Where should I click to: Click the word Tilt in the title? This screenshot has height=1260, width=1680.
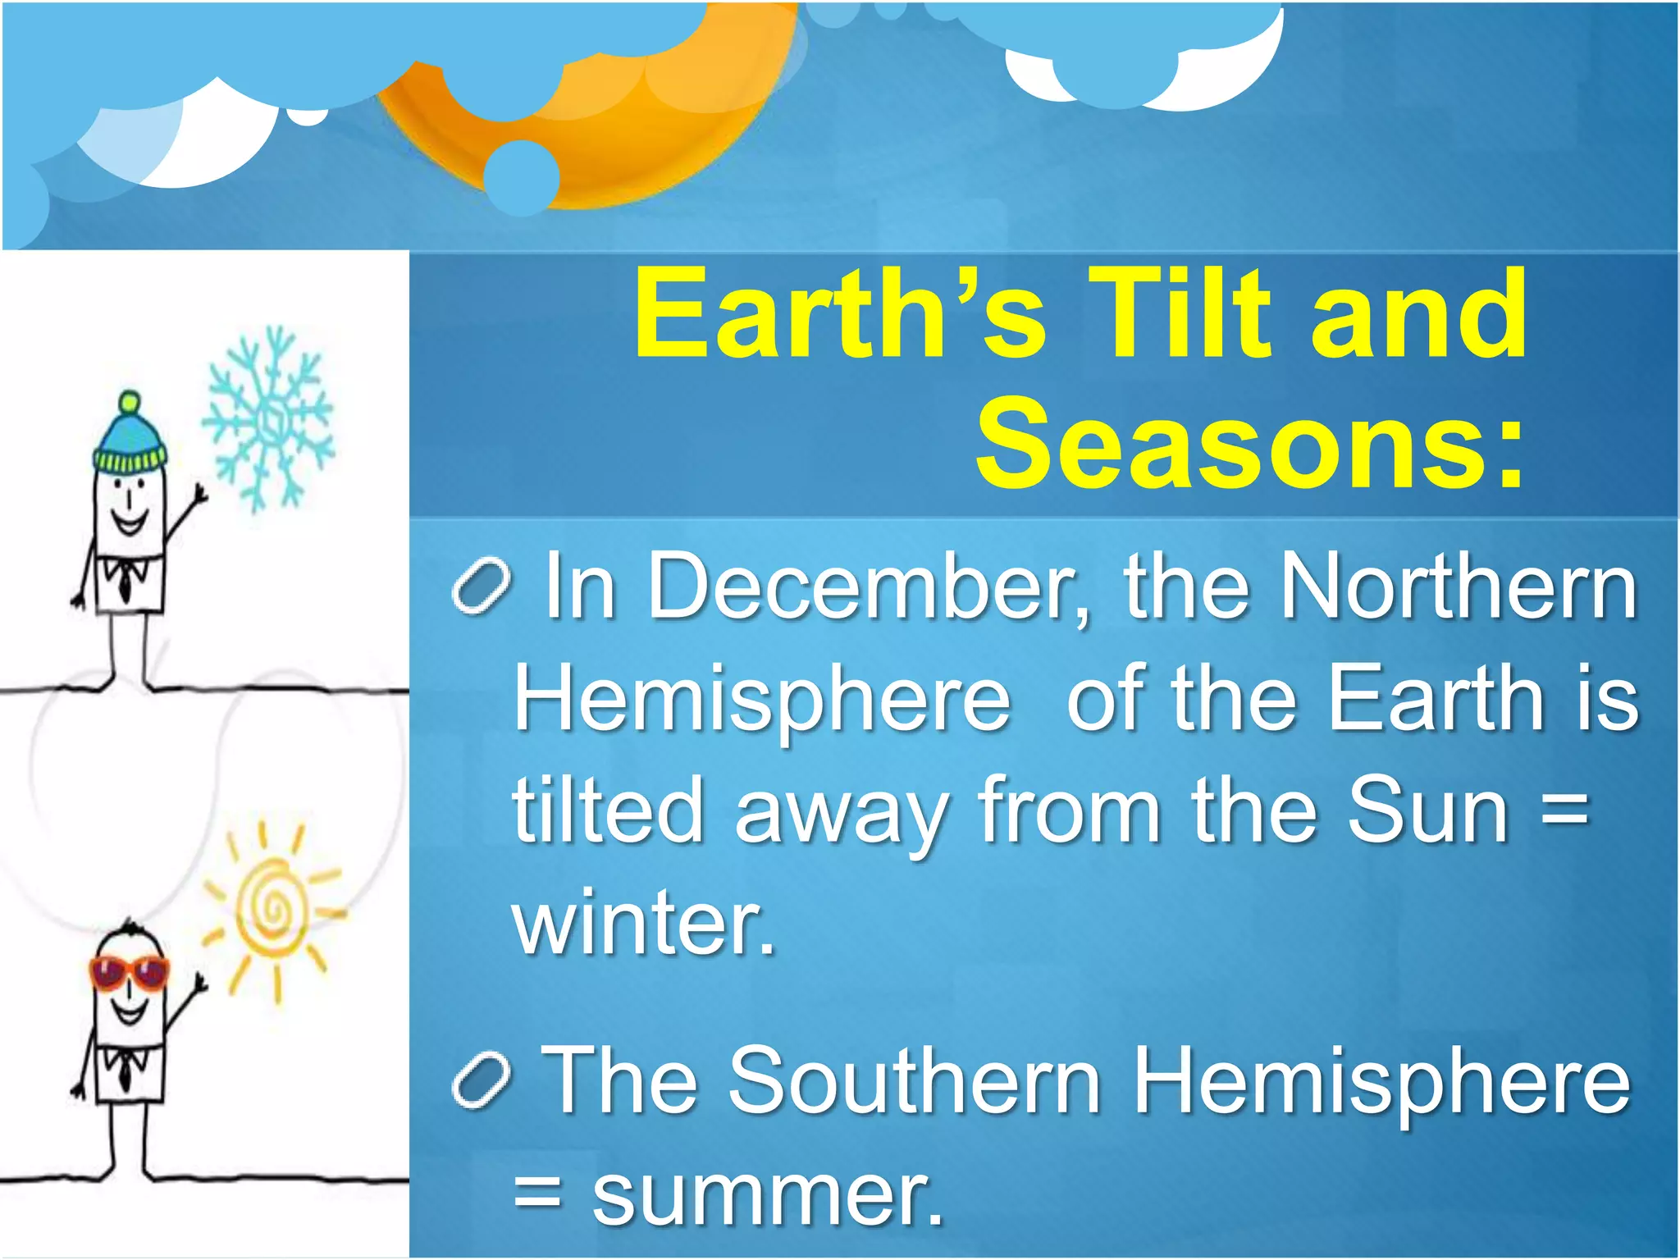pyautogui.click(x=1180, y=316)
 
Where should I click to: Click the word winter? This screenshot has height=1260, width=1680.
pyautogui.click(x=644, y=922)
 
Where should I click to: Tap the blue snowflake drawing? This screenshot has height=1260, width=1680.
pyautogui.click(x=267, y=419)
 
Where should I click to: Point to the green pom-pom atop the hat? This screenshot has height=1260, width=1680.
pyautogui.click(x=130, y=403)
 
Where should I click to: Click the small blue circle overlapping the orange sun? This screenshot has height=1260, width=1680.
pyautogui.click(x=521, y=177)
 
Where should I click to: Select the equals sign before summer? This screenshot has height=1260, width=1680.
pyautogui.click(x=538, y=1194)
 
